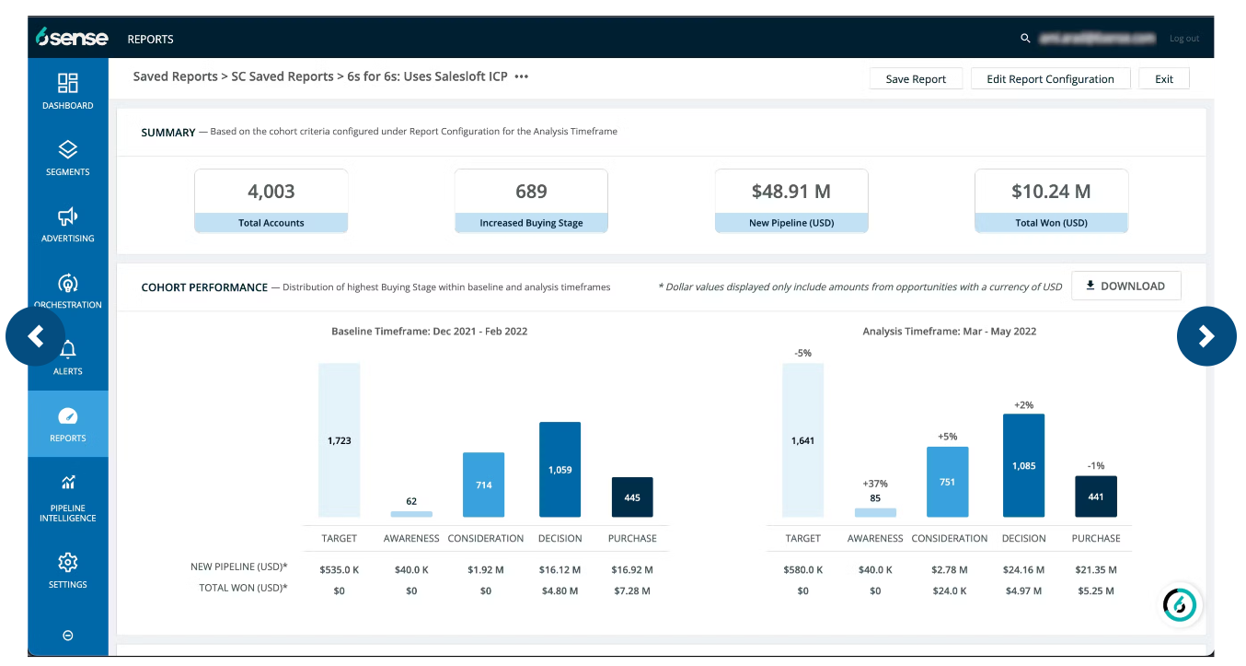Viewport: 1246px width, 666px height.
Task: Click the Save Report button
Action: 916,79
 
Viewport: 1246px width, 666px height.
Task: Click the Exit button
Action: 1163,79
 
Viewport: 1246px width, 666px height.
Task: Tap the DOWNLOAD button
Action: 1125,286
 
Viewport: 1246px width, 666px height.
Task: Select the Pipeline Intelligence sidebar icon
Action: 68,483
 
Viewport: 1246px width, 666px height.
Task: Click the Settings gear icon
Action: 68,562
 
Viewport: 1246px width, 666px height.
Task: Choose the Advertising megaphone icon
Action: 68,216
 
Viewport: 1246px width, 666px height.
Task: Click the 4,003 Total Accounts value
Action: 271,192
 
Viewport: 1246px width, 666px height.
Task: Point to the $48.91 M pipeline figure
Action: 790,192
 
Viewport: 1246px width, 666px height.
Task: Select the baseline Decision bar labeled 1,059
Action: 560,470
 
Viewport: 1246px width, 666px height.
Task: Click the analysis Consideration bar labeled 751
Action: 947,482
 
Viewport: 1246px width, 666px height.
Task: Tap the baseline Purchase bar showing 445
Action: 632,497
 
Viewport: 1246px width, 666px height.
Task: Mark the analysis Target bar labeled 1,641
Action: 802,440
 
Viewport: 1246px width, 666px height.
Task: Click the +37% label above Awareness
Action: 874,484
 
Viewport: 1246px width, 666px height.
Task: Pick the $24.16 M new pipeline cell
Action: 1023,570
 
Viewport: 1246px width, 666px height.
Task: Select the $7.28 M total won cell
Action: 632,590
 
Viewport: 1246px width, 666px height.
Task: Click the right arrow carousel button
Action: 1206,337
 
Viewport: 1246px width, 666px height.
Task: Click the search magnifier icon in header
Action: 1025,39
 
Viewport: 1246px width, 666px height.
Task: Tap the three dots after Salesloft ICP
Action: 522,77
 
